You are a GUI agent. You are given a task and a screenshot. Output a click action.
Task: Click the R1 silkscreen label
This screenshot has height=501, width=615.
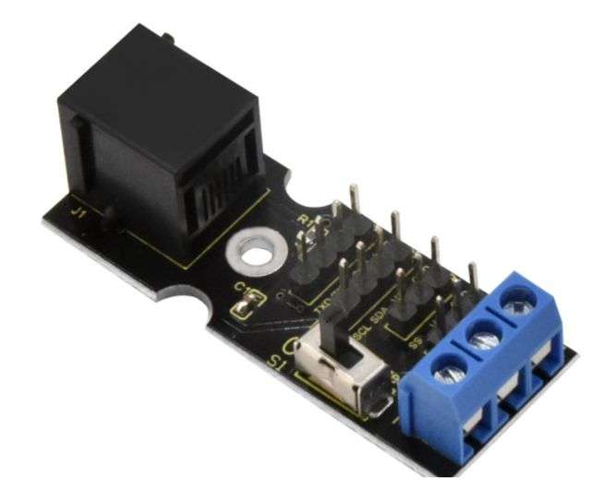tap(310, 221)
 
